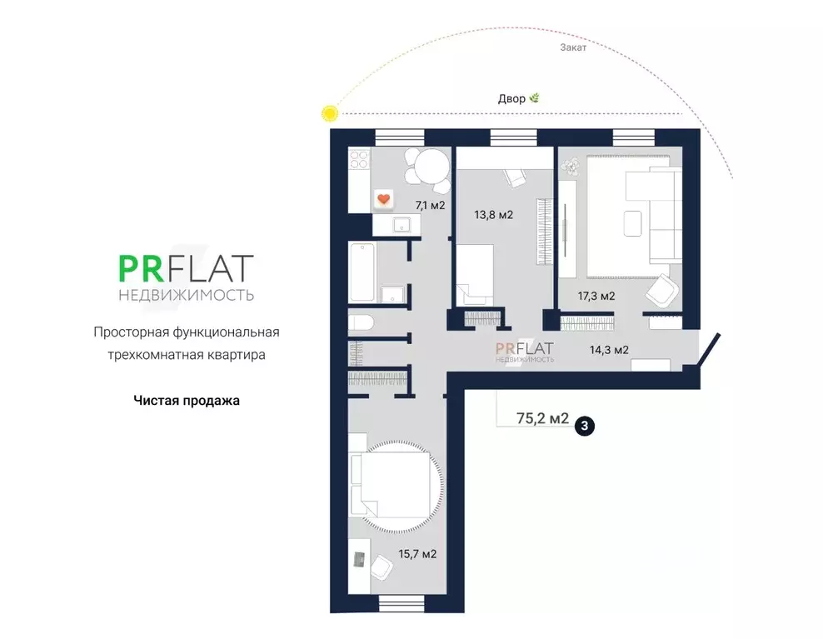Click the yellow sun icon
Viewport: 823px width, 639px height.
tap(330, 113)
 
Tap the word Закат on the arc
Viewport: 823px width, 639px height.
tap(573, 47)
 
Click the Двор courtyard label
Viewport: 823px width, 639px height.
tap(511, 98)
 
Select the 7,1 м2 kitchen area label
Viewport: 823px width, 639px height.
tap(430, 205)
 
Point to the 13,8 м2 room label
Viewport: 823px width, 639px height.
tap(493, 215)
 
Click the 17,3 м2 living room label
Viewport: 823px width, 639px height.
tap(596, 296)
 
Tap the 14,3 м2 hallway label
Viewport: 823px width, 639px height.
tap(609, 350)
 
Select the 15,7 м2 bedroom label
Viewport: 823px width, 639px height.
tap(417, 554)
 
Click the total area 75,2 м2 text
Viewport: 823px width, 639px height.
tap(542, 418)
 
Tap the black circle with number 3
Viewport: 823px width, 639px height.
tap(585, 426)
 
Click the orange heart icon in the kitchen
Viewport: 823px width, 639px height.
tap(384, 199)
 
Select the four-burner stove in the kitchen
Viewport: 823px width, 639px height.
tap(359, 160)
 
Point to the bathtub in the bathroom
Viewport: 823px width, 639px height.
tap(362, 272)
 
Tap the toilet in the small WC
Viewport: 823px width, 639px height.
tap(361, 322)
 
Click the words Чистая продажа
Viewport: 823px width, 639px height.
tap(187, 401)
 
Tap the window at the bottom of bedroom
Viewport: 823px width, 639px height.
tap(401, 604)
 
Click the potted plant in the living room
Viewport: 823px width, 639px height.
tap(570, 166)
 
